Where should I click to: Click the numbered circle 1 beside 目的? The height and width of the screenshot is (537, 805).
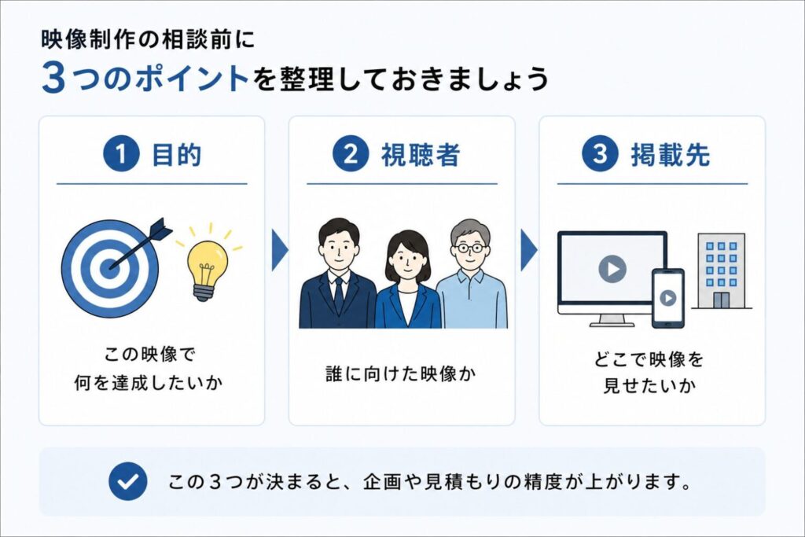tap(121, 153)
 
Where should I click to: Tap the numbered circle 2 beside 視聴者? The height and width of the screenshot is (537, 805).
tap(351, 153)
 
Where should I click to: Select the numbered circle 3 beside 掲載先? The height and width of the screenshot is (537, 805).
tap(600, 153)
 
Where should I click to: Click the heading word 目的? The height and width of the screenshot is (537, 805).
tap(176, 155)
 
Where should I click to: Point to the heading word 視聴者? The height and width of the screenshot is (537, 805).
tap(420, 155)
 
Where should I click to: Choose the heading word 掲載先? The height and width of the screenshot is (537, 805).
tap(670, 155)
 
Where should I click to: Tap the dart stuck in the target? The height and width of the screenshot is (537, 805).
tap(142, 244)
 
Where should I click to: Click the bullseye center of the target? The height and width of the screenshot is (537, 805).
tap(109, 267)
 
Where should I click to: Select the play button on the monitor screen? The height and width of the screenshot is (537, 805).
tap(612, 269)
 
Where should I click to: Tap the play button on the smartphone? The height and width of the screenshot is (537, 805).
tap(667, 298)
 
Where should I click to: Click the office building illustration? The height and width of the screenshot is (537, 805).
tap(721, 272)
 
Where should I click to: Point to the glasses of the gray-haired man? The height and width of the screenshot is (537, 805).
tap(470, 248)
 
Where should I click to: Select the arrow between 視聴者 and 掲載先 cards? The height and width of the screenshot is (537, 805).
tap(529, 250)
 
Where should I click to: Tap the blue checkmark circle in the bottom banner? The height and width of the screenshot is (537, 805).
tap(128, 481)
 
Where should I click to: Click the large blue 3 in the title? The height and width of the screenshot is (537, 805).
tap(54, 78)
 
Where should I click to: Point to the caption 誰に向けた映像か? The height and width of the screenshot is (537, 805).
tap(401, 373)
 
